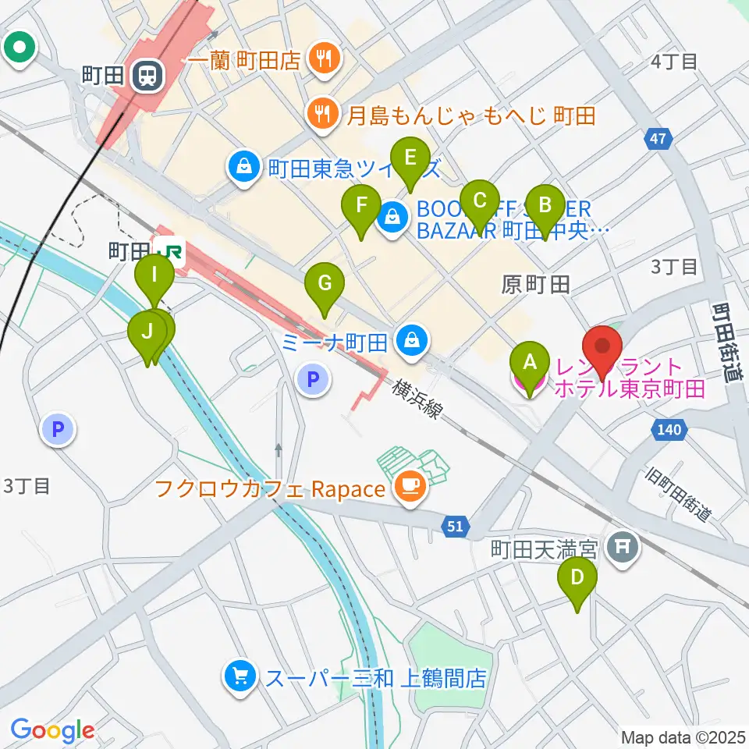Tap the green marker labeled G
(x=325, y=289)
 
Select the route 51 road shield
(x=456, y=527)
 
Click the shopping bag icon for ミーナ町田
(x=412, y=339)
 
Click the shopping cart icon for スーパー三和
(x=240, y=676)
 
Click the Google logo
(x=52, y=730)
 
